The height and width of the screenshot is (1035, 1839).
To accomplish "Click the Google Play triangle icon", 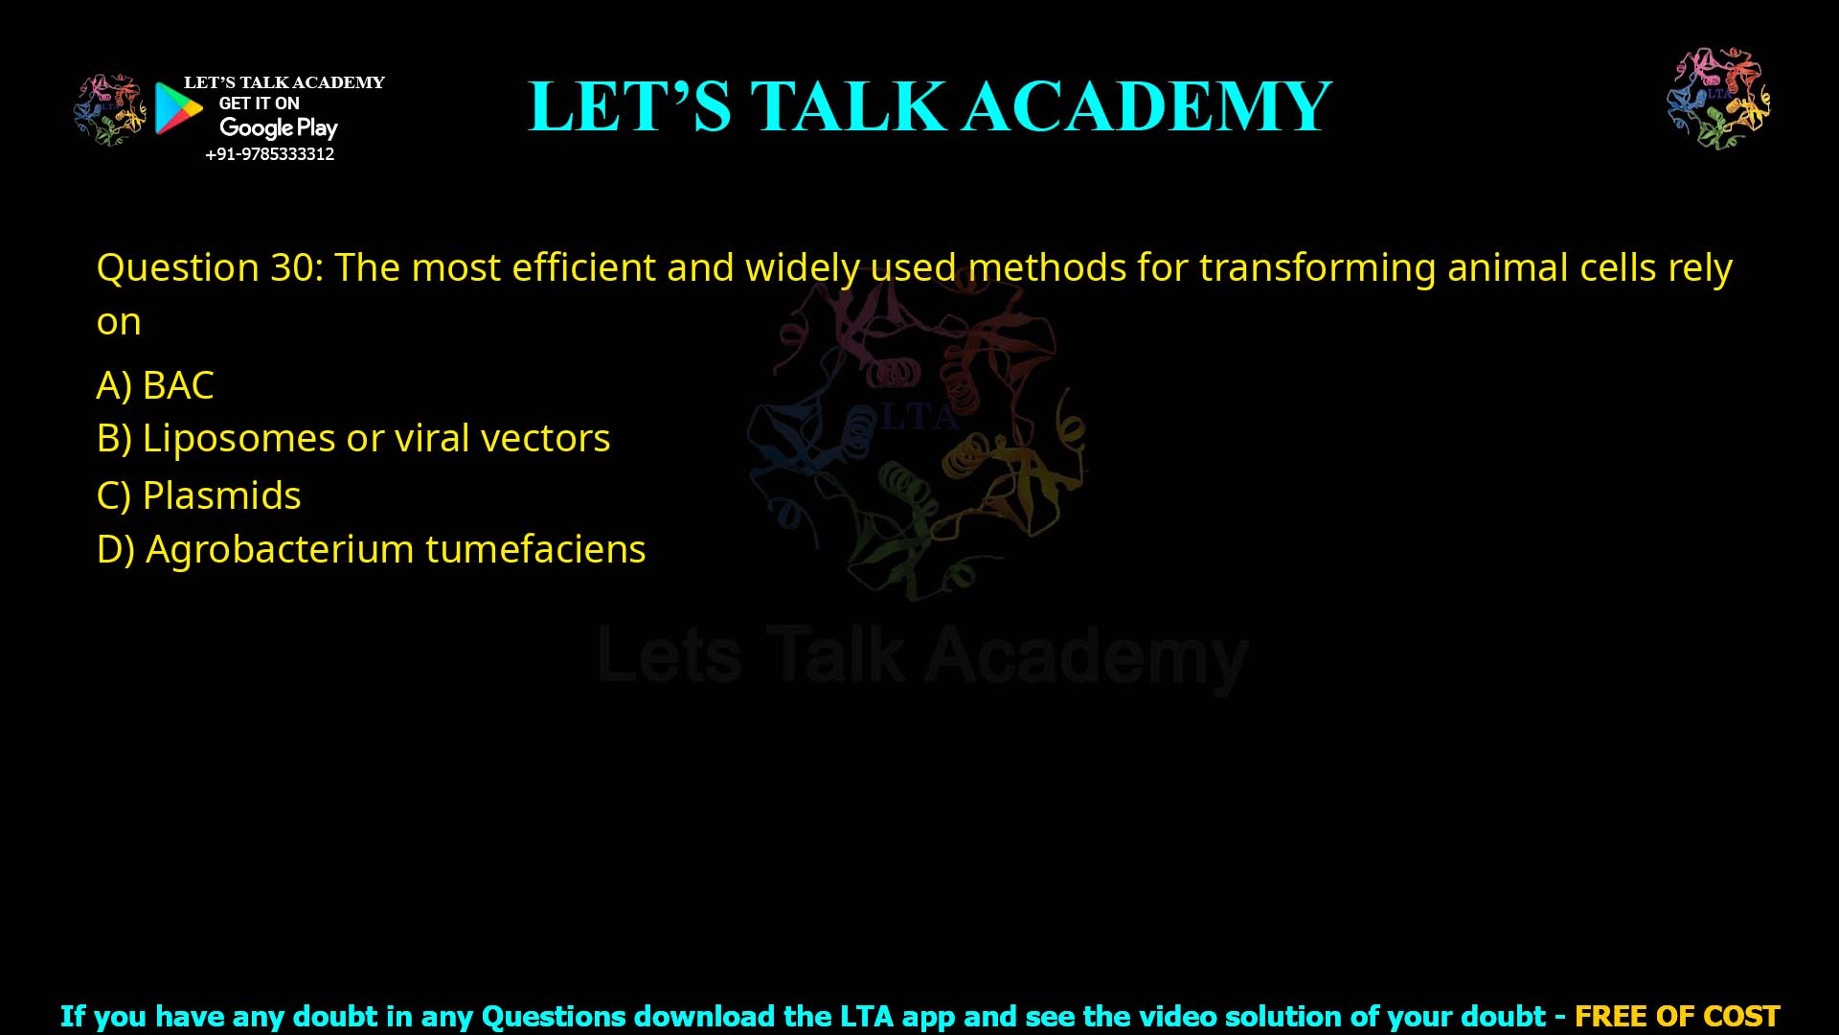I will coord(178,108).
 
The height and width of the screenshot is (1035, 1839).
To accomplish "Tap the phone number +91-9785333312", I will coord(270,154).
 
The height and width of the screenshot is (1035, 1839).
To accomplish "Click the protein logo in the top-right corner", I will coord(1718,99).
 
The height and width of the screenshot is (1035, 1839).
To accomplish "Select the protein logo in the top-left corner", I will coord(109,109).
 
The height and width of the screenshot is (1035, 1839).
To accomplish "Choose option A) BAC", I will coord(155,385).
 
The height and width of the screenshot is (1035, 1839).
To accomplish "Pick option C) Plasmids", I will coord(199,496).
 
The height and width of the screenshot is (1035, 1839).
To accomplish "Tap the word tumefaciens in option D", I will coord(535,550).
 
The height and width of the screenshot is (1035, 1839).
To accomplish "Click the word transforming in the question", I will coord(1317,268).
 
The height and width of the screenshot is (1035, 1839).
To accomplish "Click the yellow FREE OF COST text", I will coord(1677,1016).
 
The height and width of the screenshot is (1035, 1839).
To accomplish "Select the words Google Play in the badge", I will coord(279,128).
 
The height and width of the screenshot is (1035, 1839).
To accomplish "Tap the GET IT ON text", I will coord(259,103).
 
